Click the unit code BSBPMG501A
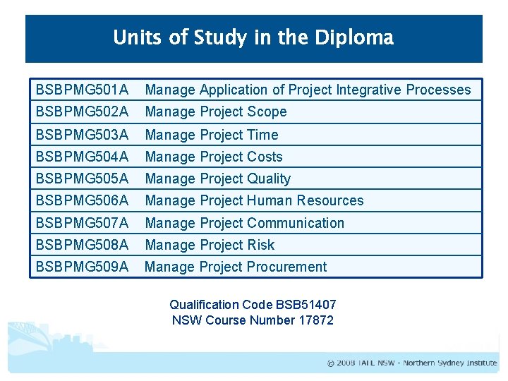click(x=82, y=90)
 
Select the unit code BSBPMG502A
click(x=82, y=111)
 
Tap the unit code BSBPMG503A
click(x=82, y=135)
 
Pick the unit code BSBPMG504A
click(x=82, y=157)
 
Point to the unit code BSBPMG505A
click(x=82, y=179)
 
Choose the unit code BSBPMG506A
click(x=82, y=200)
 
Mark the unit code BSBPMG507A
click(x=82, y=223)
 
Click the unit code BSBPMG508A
click(x=82, y=245)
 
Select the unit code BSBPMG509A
click(x=82, y=267)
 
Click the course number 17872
click(x=315, y=320)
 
